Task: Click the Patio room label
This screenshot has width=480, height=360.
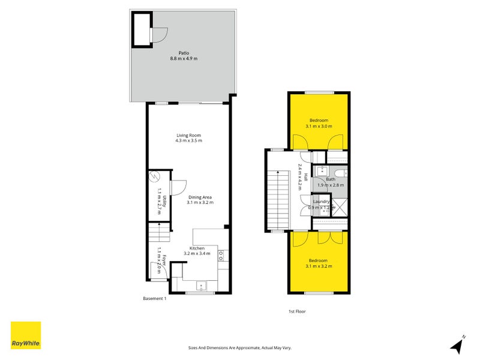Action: pos(184,52)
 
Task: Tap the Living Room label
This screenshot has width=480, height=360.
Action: pos(188,135)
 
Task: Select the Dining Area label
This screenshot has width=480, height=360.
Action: pos(199,197)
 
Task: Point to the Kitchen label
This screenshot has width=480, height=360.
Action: pos(197,248)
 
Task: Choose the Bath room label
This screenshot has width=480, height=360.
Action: pos(331,179)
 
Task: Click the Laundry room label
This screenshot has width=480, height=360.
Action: pos(322,202)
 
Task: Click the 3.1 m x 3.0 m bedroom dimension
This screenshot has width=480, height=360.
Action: pos(318,127)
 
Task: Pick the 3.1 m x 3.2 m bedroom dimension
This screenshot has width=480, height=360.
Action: pos(318,266)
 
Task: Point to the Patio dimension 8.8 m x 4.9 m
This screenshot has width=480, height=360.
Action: pos(184,58)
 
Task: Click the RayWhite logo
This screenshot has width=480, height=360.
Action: pos(26,335)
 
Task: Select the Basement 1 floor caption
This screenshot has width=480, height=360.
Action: pos(155,299)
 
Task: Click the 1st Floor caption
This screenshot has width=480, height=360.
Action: pos(297,311)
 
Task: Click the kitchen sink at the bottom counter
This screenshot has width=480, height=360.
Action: pos(202,285)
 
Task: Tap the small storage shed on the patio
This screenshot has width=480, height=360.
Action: pos(142,28)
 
